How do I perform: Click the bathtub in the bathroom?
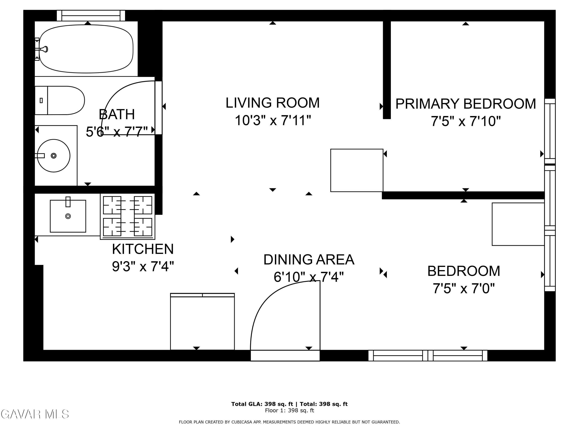(86, 49)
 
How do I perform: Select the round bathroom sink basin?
(54, 156)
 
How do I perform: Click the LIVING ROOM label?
(273, 103)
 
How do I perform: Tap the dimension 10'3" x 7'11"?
(273, 121)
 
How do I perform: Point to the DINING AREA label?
(309, 260)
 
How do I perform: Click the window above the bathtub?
(91, 16)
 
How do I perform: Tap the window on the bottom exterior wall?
(428, 355)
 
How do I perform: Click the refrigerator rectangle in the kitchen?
(202, 322)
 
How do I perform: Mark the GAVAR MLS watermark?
(35, 414)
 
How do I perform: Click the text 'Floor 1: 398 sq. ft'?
(289, 410)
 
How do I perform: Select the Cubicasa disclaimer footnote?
(289, 422)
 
